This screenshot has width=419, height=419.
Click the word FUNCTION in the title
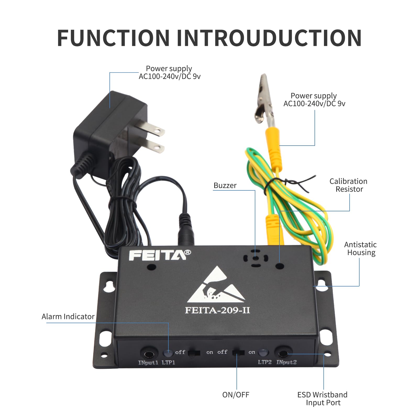pos(113,38)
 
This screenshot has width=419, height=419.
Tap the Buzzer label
pos(225,185)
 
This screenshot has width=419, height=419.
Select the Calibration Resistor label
pos(349,185)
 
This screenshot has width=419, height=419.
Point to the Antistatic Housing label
pos(361,249)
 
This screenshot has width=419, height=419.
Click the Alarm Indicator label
pos(68,317)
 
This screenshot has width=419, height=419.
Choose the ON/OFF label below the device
pos(236,395)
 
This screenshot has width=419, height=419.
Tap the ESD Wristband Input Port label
pos(323,399)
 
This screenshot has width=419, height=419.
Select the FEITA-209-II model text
pos(217,310)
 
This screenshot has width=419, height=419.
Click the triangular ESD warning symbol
pos(216,287)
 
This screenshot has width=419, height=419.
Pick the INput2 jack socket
pos(283,354)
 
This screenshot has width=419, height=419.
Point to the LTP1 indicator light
pos(168,353)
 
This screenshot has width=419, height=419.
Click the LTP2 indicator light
pos(263,352)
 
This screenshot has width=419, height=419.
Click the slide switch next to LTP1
pos(194,353)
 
